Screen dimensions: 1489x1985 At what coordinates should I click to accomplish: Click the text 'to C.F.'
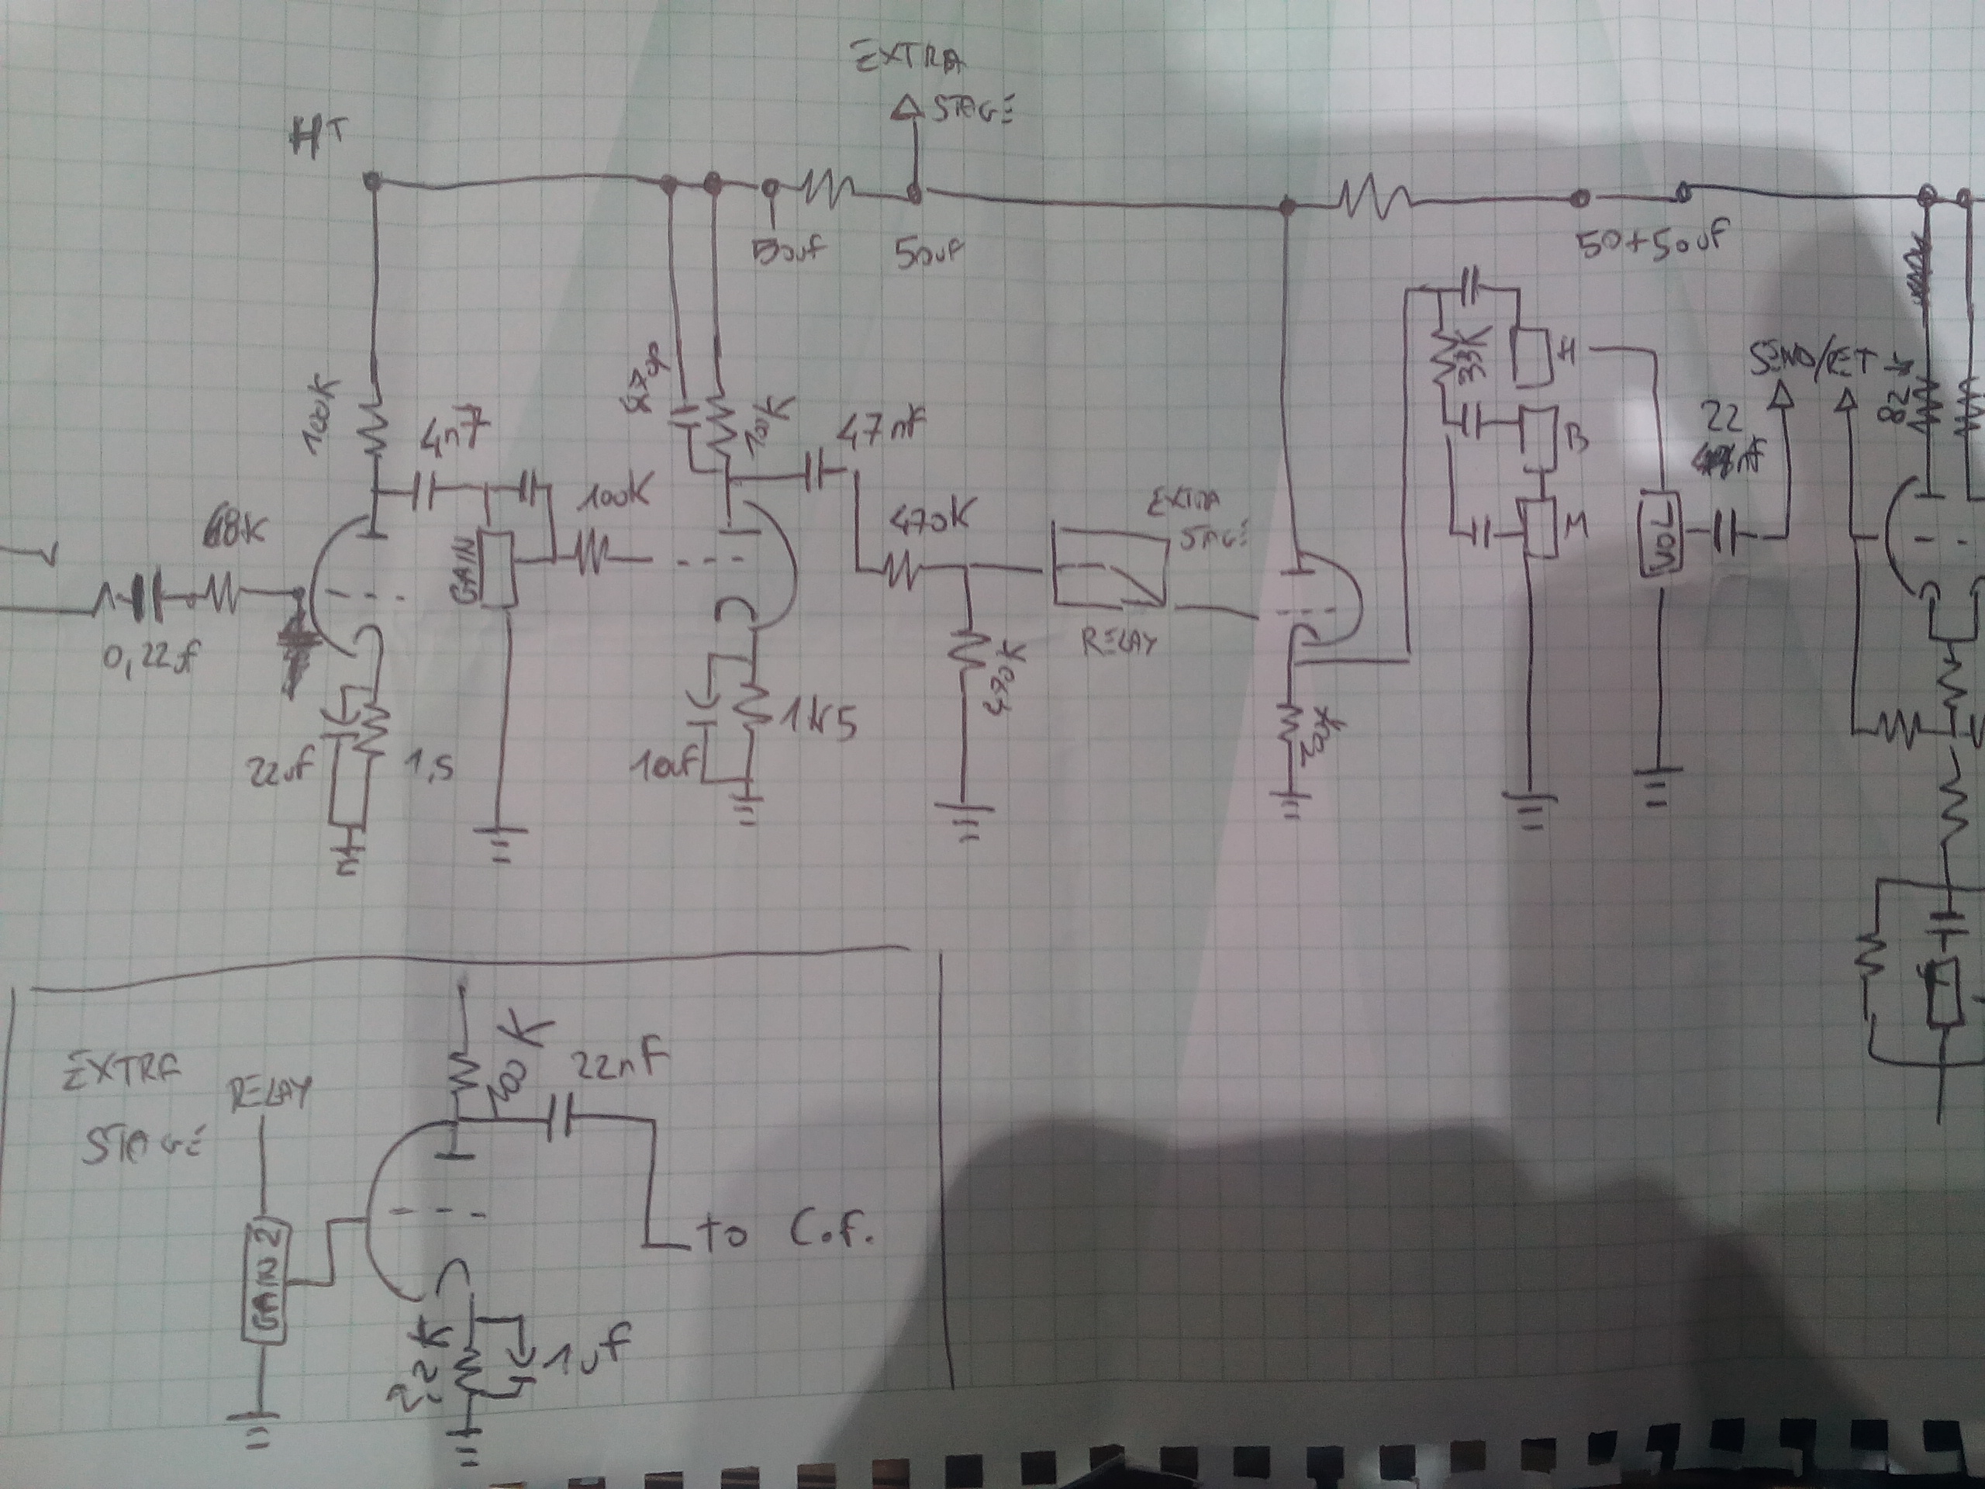coord(785,1236)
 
